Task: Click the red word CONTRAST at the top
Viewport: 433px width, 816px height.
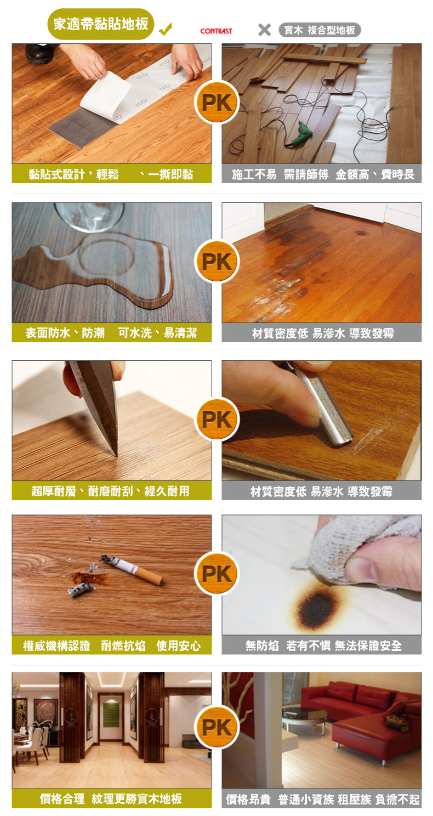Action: coord(216,31)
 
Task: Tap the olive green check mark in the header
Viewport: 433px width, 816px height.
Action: coord(165,29)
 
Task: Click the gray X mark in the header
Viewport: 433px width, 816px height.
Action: coord(264,30)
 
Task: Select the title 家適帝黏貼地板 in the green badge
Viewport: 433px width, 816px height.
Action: coord(101,24)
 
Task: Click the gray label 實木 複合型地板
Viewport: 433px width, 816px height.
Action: coord(320,30)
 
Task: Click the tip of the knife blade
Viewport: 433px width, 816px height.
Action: coord(117,456)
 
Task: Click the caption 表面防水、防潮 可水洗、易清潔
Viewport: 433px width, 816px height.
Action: coord(111,332)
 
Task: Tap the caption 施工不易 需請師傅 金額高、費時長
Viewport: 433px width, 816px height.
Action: coord(323,174)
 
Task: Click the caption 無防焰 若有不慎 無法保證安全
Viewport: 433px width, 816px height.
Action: coord(323,645)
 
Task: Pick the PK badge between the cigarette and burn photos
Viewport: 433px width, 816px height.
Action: coord(216,574)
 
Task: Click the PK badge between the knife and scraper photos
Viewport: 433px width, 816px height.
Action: coord(216,420)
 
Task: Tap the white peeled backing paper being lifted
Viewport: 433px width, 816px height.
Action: coord(106,95)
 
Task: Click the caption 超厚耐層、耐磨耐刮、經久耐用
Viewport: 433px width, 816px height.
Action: coord(110,491)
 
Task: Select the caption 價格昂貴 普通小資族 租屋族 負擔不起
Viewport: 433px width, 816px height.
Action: coord(322,799)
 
